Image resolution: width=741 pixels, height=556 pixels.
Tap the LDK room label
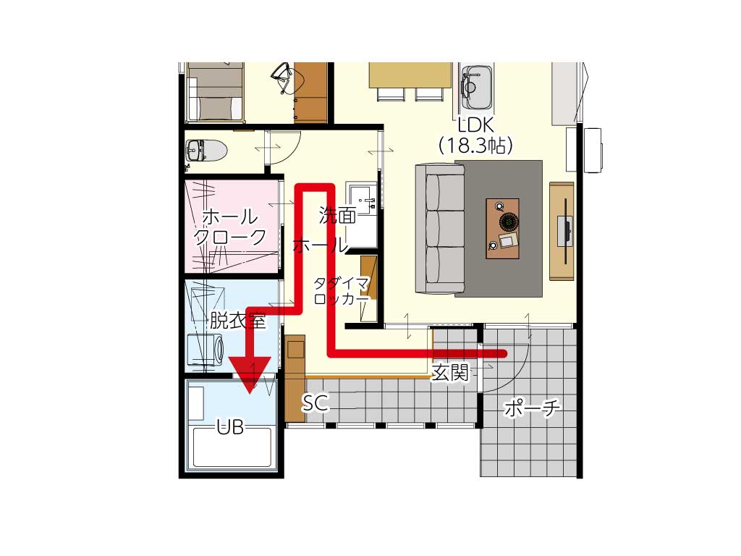pos(476,125)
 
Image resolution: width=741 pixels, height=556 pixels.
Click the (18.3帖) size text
pos(476,146)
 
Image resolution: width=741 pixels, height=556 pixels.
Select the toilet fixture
pos(206,151)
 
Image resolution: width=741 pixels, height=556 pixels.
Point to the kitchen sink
pos(477,86)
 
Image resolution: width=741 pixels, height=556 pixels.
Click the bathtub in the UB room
pos(232,447)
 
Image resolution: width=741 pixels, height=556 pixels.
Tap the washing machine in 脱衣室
pos(206,350)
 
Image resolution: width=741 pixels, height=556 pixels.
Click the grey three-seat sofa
pos(439,229)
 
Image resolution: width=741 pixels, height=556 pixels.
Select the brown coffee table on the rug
pos(502,228)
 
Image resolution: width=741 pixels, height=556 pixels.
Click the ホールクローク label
pos(230,227)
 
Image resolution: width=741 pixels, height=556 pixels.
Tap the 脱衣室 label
pos(237,321)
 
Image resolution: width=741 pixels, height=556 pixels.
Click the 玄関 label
pos(450,373)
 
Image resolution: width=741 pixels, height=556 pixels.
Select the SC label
pos(316,403)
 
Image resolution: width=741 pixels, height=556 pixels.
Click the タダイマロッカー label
pos(342,291)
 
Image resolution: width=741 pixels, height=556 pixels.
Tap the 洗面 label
pos(337,216)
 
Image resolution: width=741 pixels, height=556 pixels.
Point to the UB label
pos(231,427)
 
